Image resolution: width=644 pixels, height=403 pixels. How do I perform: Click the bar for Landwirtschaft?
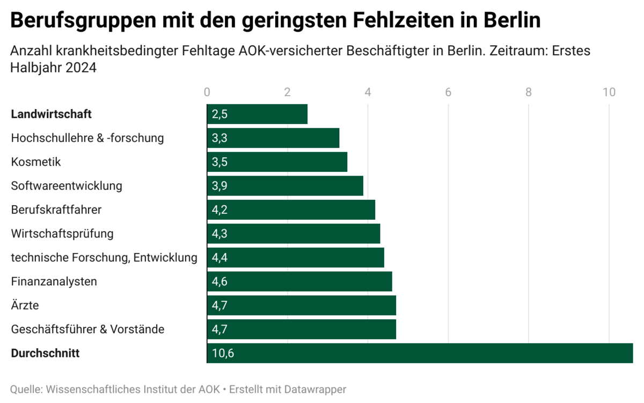click(x=257, y=114)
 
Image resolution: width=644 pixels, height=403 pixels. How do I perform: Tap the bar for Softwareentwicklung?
click(x=285, y=186)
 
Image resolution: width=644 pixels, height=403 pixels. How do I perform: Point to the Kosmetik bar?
click(x=277, y=162)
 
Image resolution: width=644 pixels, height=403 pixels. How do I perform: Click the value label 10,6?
click(x=223, y=354)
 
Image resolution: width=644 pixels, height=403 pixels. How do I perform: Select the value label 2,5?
click(x=220, y=114)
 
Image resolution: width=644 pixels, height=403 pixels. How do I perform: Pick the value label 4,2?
click(x=220, y=210)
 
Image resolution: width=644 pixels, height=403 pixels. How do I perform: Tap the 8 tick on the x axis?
click(x=529, y=92)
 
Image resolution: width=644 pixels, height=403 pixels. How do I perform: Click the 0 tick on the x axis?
click(x=207, y=92)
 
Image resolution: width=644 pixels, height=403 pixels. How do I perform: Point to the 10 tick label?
click(x=609, y=92)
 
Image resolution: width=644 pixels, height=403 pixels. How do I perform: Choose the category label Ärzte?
click(x=25, y=306)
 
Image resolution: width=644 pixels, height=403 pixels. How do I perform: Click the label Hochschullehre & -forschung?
click(x=87, y=138)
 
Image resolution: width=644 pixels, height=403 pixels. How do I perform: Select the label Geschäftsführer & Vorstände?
click(x=87, y=329)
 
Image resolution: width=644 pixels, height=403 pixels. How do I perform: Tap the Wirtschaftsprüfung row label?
click(x=62, y=234)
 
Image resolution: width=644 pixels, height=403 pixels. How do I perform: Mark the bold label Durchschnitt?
click(x=45, y=354)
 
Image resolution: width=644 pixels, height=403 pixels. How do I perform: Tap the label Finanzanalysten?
click(x=54, y=282)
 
